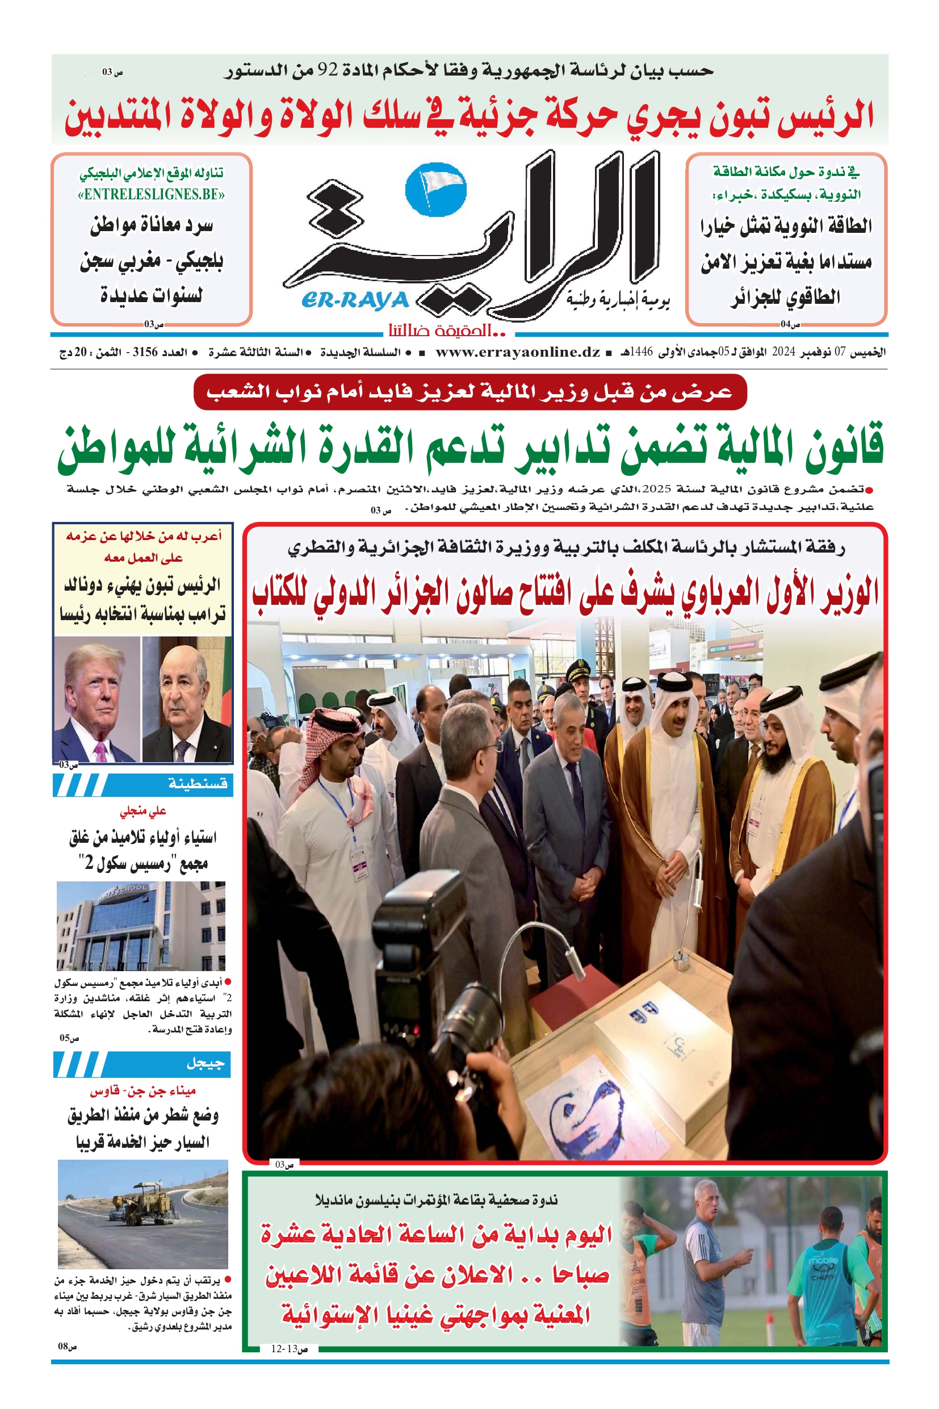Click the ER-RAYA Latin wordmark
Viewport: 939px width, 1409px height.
[x=356, y=299]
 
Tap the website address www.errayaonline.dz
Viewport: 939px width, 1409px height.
[x=517, y=352]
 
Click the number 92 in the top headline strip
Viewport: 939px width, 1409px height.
[x=328, y=70]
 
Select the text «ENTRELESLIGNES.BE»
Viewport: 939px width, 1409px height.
[x=151, y=194]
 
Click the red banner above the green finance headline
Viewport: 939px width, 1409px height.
[x=470, y=392]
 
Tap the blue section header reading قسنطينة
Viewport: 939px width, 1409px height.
[x=142, y=784]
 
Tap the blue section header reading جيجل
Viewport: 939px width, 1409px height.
[x=142, y=1064]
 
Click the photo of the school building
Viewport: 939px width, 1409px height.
[x=141, y=926]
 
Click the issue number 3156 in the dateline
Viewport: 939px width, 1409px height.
[x=144, y=352]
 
